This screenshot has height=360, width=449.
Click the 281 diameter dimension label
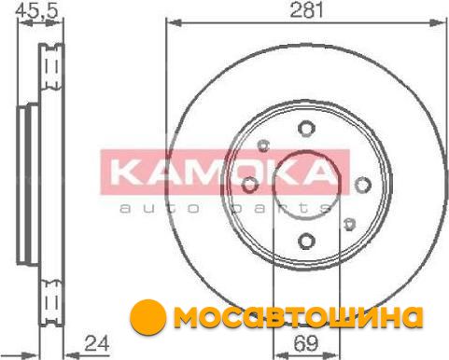click(306, 9)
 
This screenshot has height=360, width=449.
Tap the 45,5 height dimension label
click(37, 10)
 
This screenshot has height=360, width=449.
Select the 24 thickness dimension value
click(97, 343)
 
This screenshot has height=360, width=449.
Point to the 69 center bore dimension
click(306, 343)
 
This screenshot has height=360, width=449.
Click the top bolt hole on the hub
click(306, 129)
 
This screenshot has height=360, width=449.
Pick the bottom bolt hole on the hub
click(306, 241)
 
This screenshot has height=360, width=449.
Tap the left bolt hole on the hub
click(250, 185)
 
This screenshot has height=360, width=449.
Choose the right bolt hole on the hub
click(363, 185)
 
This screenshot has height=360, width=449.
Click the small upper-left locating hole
click(263, 145)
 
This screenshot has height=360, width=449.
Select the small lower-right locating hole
click(349, 224)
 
